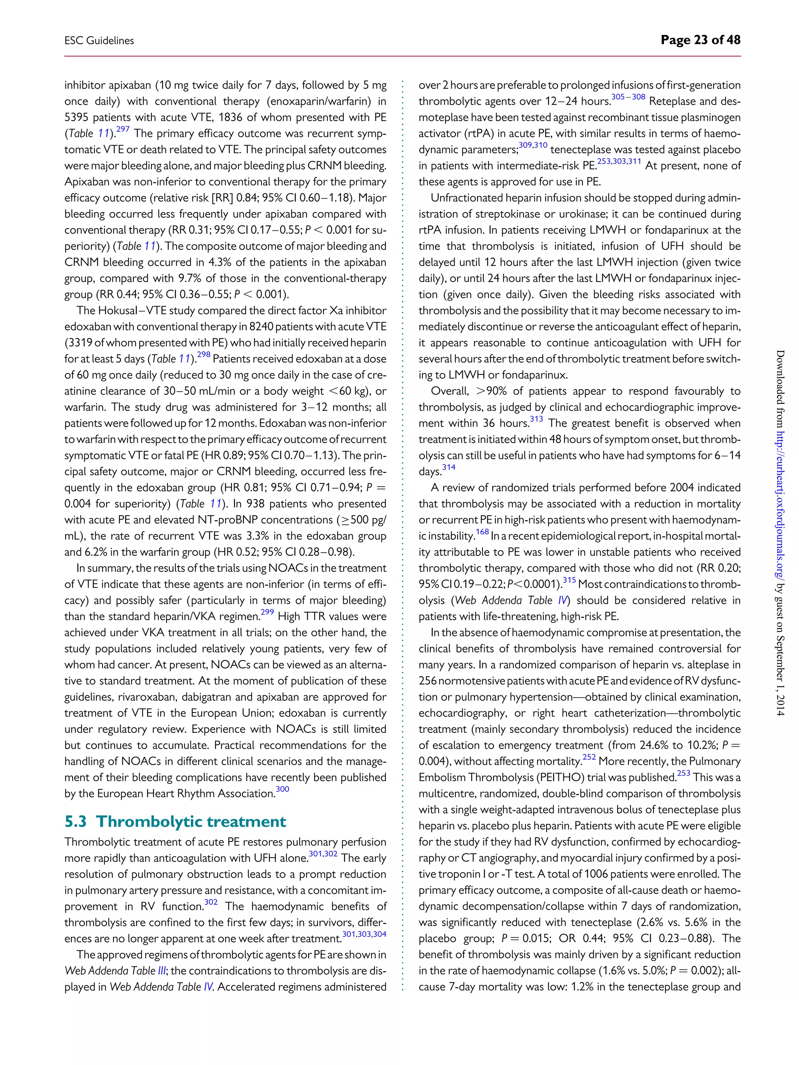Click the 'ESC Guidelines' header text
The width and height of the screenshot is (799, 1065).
[x=99, y=41]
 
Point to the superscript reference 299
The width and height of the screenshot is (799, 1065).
[x=267, y=612]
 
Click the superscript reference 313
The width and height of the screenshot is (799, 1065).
[x=536, y=419]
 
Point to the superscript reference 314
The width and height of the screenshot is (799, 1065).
[x=448, y=468]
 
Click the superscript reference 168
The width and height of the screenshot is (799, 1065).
[x=482, y=532]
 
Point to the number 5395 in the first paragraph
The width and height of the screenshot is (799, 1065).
[x=76, y=117]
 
